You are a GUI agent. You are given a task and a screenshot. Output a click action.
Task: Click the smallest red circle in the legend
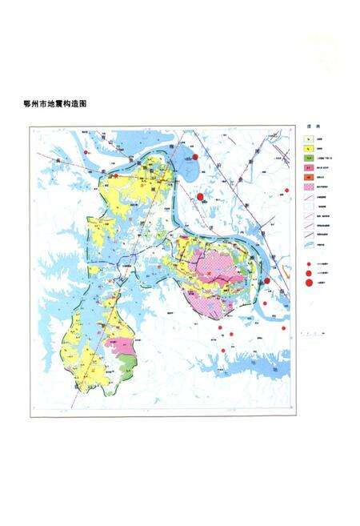(307, 263)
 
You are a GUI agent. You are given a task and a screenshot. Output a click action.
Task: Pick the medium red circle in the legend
(307, 271)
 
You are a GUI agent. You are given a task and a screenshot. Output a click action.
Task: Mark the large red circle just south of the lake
(199, 196)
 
